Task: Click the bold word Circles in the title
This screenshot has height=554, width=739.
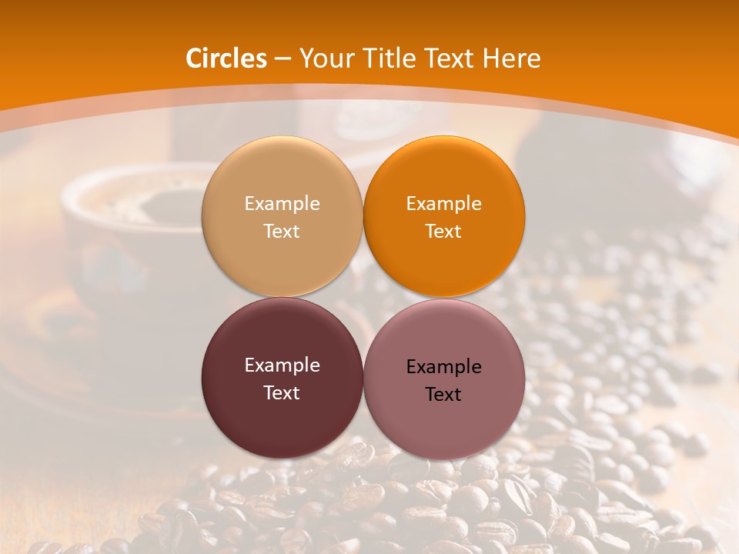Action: [226, 58]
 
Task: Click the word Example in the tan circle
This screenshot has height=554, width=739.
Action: [282, 204]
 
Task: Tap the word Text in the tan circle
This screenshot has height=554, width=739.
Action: [282, 232]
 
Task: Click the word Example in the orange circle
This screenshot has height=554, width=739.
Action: [444, 204]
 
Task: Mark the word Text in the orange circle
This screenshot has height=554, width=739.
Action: [444, 232]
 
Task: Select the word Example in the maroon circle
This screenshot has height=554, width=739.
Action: [282, 365]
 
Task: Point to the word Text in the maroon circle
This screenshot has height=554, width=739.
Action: [282, 393]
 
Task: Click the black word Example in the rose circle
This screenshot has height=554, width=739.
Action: [444, 367]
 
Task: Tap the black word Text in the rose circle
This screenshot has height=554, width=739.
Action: [444, 395]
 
